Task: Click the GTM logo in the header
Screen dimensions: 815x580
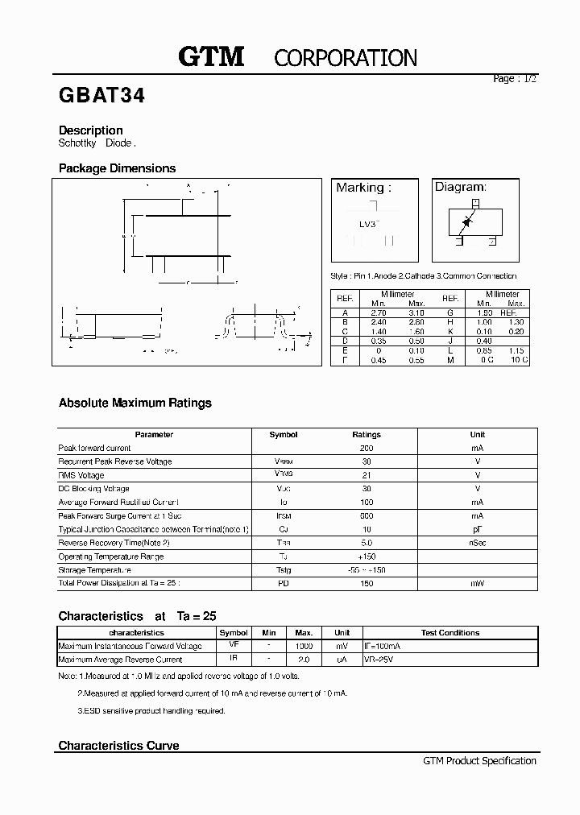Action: click(x=210, y=56)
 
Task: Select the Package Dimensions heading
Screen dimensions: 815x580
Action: click(x=117, y=168)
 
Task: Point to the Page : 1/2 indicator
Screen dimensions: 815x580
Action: click(x=514, y=79)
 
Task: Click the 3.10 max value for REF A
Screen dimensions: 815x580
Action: click(x=416, y=312)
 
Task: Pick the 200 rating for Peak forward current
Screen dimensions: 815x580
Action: click(x=367, y=448)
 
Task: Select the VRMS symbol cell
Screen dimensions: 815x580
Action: click(x=284, y=475)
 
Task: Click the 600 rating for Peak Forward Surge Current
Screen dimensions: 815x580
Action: click(x=367, y=515)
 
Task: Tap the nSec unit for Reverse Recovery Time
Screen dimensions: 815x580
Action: click(x=478, y=543)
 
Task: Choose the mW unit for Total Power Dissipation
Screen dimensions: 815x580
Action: click(x=478, y=583)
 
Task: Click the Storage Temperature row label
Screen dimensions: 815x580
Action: click(x=94, y=569)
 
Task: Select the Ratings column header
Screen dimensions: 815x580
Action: click(x=367, y=434)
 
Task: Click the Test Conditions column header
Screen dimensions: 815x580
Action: click(x=450, y=633)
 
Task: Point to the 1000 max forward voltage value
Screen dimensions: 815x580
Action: click(x=304, y=646)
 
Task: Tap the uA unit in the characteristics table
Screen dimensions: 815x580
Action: click(x=342, y=660)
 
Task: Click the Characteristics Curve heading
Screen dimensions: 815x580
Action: click(x=118, y=746)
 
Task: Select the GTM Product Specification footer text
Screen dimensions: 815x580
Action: click(x=479, y=760)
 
